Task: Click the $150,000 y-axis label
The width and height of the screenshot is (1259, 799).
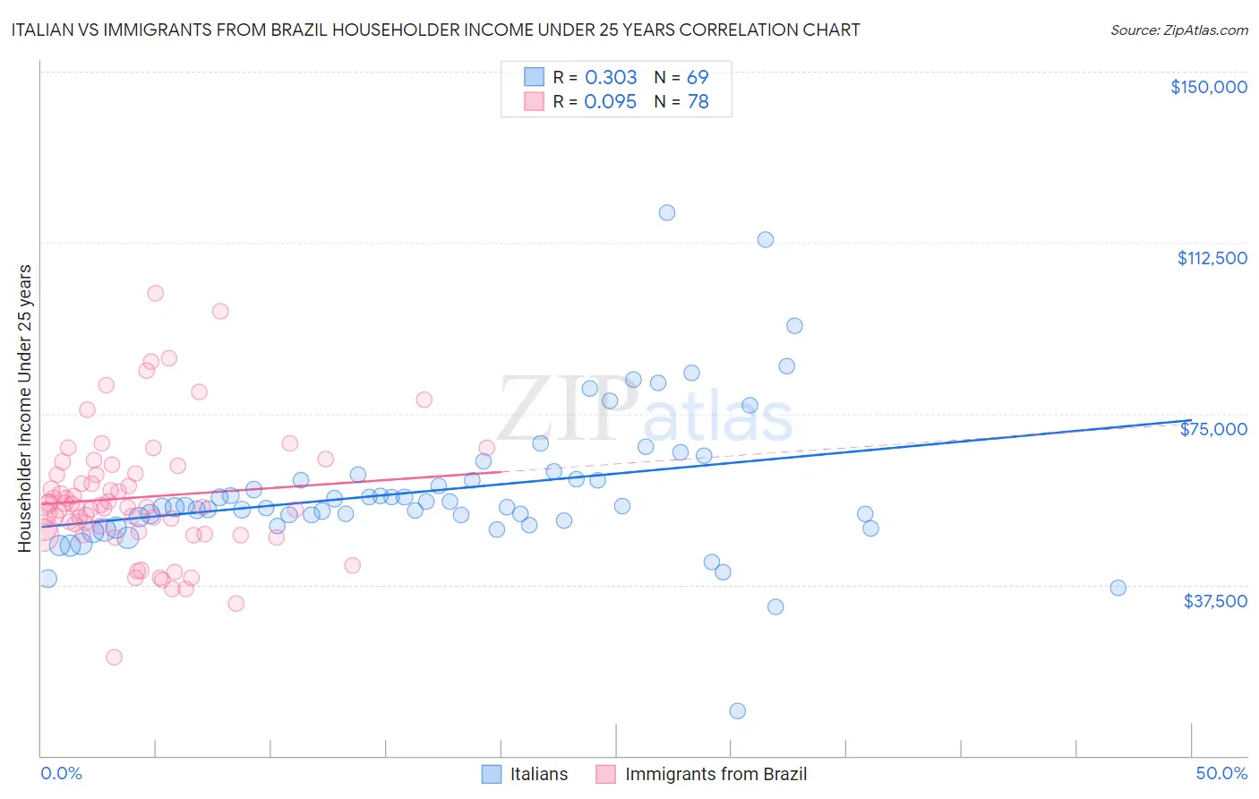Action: point(1208,87)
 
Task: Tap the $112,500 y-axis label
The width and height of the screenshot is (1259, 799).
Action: point(1212,258)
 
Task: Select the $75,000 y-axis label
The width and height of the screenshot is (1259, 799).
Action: point(1213,429)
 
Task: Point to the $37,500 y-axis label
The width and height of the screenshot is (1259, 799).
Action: point(1215,601)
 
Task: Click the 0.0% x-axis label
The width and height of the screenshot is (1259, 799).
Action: point(61,773)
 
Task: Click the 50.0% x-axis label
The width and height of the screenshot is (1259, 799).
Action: point(1221,773)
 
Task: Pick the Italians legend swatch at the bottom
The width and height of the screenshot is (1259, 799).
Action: point(492,774)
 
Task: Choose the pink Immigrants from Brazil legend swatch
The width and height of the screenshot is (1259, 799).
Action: point(606,774)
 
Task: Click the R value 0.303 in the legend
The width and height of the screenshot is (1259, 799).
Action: point(611,78)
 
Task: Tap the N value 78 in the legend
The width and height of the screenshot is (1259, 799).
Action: point(698,102)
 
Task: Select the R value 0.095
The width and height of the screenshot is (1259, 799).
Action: point(611,102)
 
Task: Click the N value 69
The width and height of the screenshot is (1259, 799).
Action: point(698,78)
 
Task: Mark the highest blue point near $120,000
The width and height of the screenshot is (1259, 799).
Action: point(667,213)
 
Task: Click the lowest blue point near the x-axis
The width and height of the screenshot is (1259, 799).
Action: point(738,711)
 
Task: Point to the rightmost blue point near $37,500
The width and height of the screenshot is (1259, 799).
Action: point(1118,589)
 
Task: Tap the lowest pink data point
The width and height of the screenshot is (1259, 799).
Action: point(114,657)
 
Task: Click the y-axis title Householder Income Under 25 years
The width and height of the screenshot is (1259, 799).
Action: point(25,408)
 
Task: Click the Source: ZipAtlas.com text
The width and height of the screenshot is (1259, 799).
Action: point(1178,30)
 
